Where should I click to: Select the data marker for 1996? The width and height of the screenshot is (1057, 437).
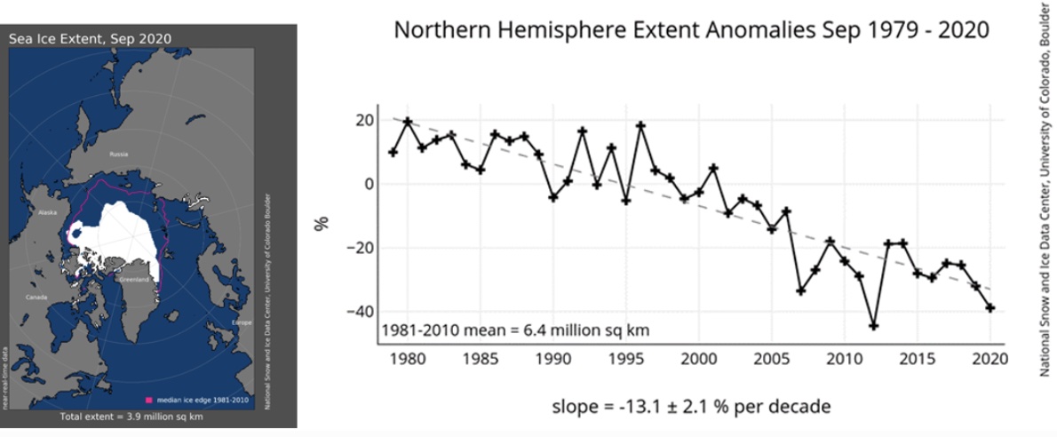pos(640,125)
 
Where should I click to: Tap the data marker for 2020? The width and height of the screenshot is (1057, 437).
pos(990,307)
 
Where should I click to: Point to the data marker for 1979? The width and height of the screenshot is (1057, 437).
pos(393,153)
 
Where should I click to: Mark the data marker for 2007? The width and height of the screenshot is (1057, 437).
pos(801,290)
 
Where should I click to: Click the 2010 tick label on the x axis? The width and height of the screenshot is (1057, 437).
pos(845,359)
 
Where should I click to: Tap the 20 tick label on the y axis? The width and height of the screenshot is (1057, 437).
pos(362,121)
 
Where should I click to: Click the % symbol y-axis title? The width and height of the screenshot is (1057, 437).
pos(324,220)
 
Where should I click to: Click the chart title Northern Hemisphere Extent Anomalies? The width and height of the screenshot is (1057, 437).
pos(691,30)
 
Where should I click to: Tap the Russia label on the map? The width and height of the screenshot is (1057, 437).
pos(119,155)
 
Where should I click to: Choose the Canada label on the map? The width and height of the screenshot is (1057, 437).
pos(37,297)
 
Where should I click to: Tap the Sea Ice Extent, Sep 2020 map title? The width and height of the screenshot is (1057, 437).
pos(91,38)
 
